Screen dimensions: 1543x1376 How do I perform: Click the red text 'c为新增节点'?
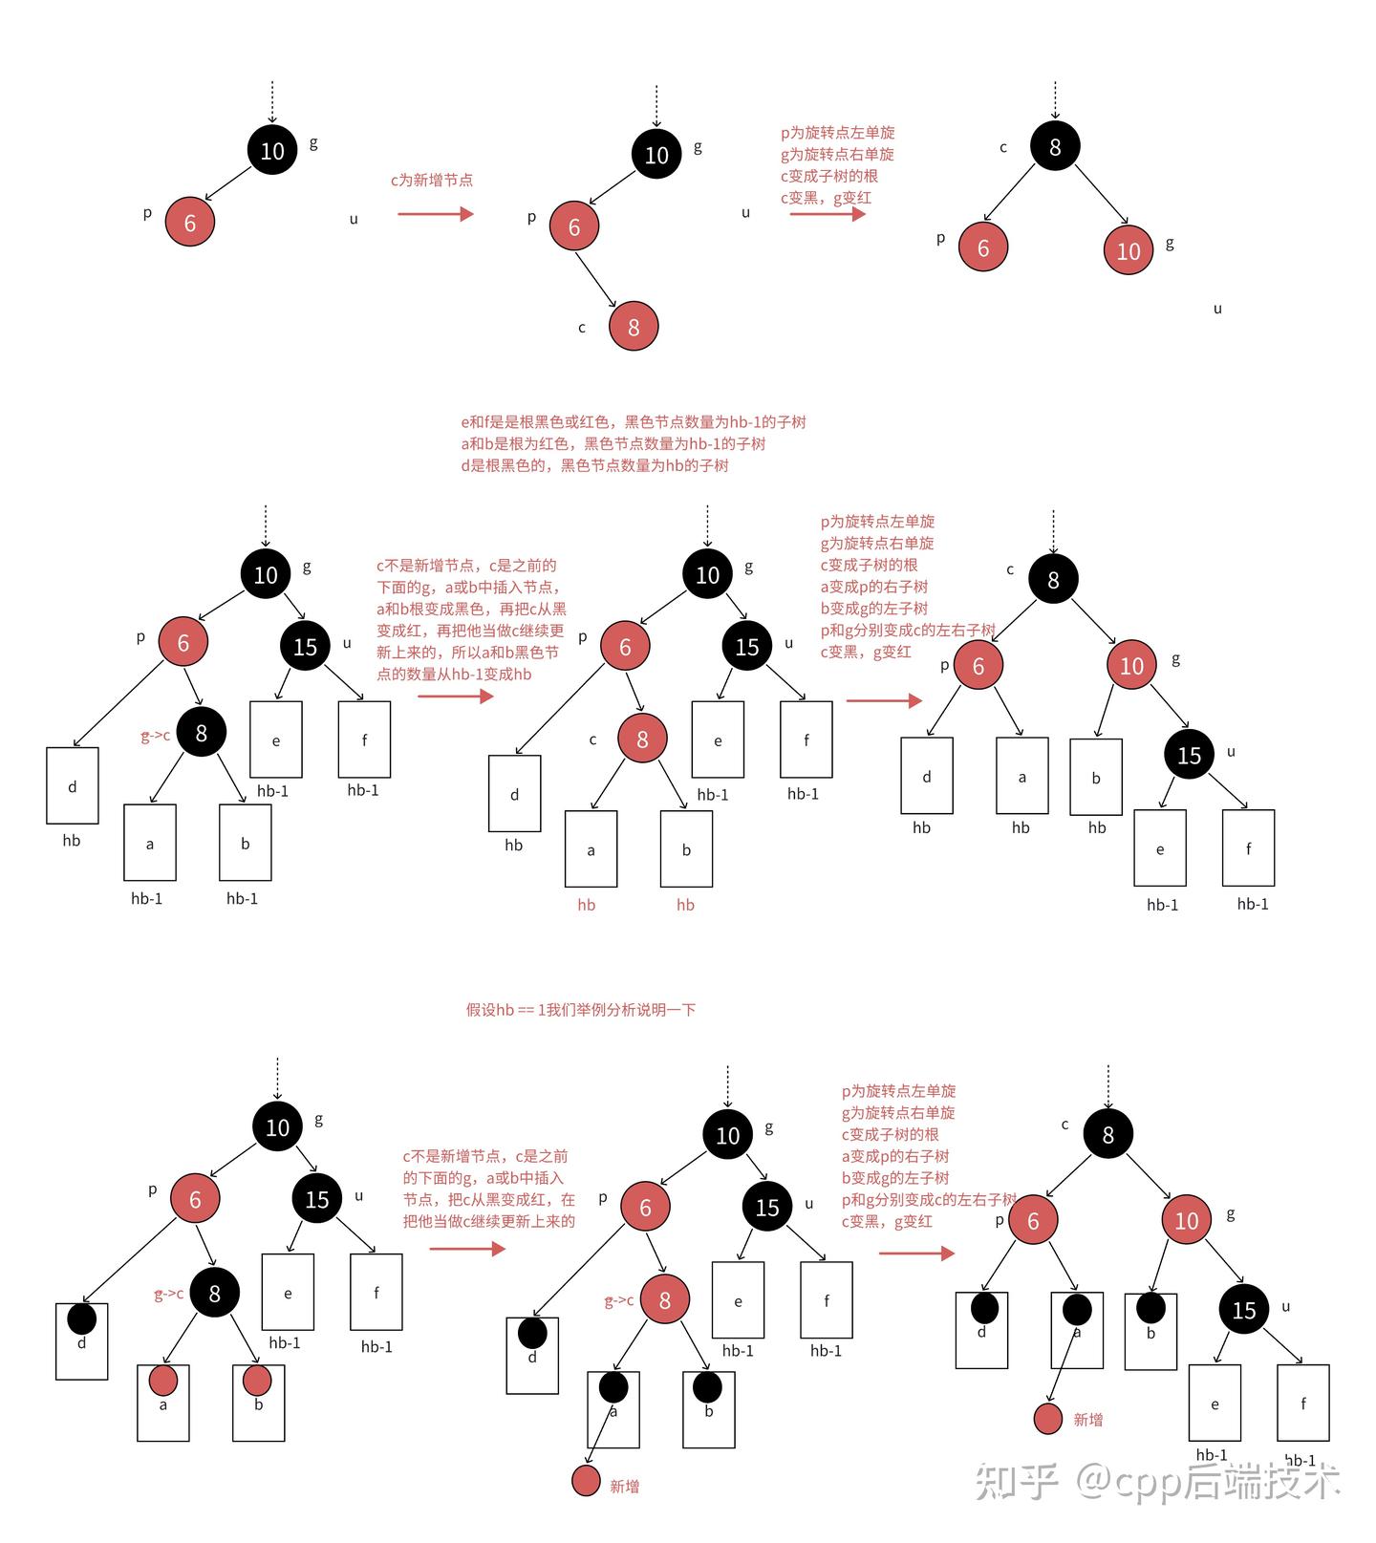click(x=431, y=180)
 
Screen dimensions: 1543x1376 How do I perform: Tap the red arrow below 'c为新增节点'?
click(x=435, y=214)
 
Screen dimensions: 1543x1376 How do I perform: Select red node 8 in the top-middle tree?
click(x=634, y=327)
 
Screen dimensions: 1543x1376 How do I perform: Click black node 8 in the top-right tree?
click(x=1055, y=146)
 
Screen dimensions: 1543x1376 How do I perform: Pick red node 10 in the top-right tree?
click(x=1129, y=250)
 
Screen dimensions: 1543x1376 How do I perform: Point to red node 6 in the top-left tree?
click(x=189, y=223)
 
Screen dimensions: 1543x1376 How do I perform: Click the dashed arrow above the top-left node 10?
click(x=272, y=101)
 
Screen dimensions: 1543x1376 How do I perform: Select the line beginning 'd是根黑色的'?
click(x=594, y=465)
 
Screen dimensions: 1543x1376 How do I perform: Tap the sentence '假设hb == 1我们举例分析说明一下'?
click(x=580, y=1009)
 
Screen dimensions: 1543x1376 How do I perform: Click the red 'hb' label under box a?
click(x=587, y=905)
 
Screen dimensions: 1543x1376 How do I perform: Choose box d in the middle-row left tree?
click(x=73, y=785)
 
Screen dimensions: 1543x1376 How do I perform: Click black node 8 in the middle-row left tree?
click(x=201, y=733)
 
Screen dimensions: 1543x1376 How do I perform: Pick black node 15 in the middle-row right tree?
click(x=1189, y=755)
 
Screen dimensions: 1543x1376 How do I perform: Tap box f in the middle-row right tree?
click(x=1248, y=847)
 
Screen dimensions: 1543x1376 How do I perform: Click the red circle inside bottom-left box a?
click(x=163, y=1381)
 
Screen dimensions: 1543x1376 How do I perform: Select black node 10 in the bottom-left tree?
click(x=277, y=1127)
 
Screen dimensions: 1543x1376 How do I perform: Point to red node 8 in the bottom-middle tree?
click(x=664, y=1299)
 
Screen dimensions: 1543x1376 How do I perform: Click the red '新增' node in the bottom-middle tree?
click(x=587, y=1481)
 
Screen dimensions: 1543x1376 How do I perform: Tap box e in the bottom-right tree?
click(x=1215, y=1403)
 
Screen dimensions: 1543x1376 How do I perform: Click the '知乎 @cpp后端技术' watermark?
click(x=1157, y=1481)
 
